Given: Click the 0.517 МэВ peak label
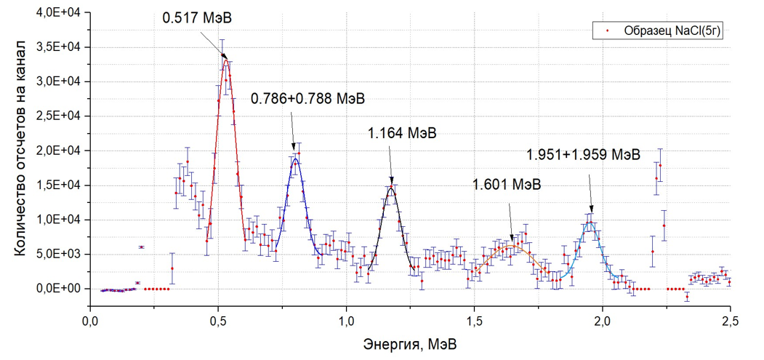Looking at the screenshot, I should point(193,17).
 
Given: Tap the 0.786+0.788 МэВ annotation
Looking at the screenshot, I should point(307,99).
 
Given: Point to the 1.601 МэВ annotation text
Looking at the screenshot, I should point(507,184).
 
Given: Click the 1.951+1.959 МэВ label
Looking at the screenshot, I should point(584,155).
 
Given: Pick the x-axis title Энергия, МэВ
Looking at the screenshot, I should point(411,343).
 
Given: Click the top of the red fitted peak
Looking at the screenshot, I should point(226,60).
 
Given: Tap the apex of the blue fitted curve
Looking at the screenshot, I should point(294,159).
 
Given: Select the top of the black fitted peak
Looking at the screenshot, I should point(391,188).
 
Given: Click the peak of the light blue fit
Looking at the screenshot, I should point(590,223).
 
